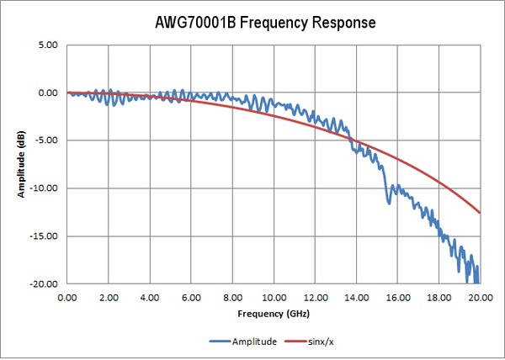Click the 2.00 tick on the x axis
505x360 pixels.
(x=109, y=297)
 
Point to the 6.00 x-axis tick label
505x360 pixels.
(x=191, y=297)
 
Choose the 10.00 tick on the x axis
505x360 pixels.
(x=274, y=297)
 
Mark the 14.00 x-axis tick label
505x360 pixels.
(x=356, y=297)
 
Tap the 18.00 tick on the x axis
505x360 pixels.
(x=439, y=297)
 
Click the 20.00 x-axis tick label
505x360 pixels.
(x=480, y=297)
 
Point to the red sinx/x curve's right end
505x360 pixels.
(x=480, y=213)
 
